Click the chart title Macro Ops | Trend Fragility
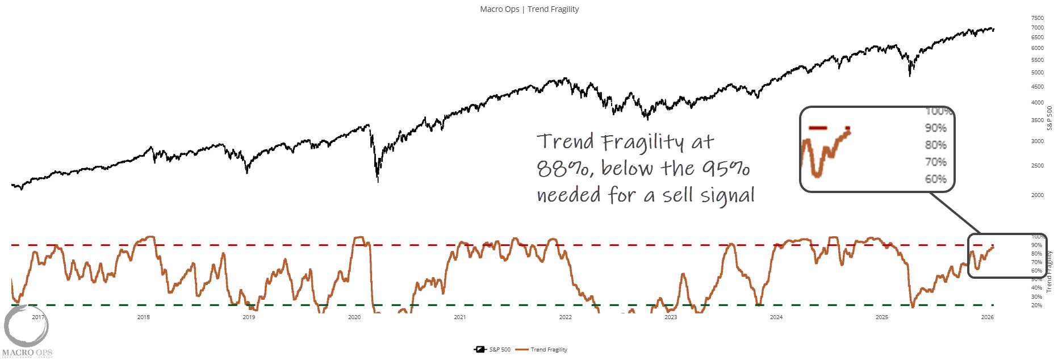pos(529,9)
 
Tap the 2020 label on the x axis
pos(354,317)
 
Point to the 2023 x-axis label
pos(671,317)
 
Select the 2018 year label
pos(143,317)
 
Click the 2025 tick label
pos(881,317)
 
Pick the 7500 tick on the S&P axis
pos(1037,18)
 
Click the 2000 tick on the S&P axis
pos(1037,195)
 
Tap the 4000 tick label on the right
pos(1037,103)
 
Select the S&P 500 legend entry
pos(493,350)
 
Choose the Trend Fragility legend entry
pos(542,350)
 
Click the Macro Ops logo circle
pos(26,326)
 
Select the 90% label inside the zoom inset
pos(935,128)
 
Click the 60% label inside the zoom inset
pos(935,179)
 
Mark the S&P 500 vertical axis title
pos(1049,118)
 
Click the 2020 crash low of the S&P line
pos(378,181)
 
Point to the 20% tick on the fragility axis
pos(1036,305)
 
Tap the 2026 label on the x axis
pos(987,317)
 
